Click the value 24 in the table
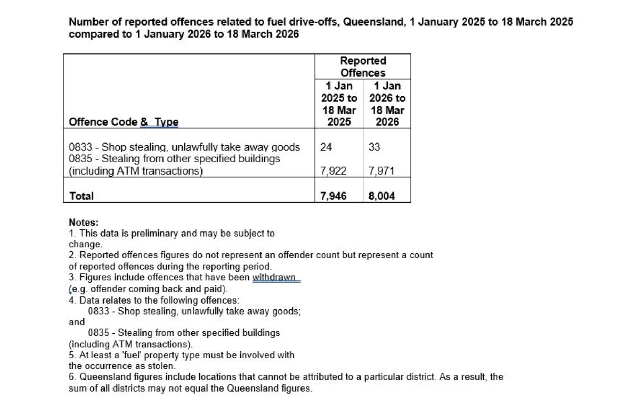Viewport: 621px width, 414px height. pos(326,147)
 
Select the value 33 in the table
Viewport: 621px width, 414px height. pos(374,147)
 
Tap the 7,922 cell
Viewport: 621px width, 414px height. pos(333,171)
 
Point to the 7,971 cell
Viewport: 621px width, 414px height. pos(381,171)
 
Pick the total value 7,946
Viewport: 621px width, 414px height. pos(333,196)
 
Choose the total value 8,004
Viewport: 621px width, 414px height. pos(382,196)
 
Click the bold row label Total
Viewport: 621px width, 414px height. pos(81,196)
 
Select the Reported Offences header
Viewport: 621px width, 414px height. pos(363,67)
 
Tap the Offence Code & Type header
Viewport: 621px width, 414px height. pos(124,122)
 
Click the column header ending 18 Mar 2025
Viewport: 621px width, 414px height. pos(339,104)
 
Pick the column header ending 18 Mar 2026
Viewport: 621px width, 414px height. pos(387,104)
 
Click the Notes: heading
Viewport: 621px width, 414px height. pos(83,222)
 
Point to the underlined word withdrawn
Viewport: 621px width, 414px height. pos(274,277)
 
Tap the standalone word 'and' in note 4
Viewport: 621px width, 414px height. pos(77,322)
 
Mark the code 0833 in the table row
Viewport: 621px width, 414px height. pos(80,147)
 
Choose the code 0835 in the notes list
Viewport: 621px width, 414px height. pos(98,333)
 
